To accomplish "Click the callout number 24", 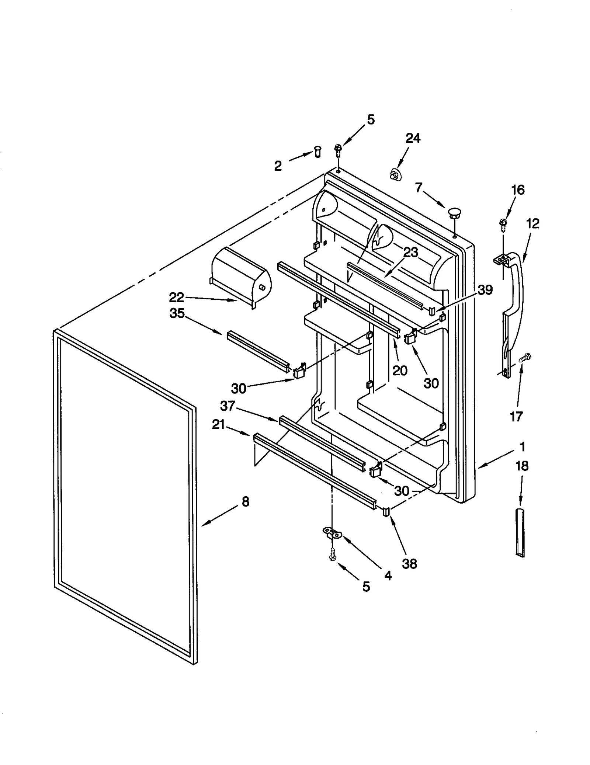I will click(413, 139).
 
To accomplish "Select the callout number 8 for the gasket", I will click(245, 501).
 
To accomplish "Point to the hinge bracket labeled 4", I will click(333, 532).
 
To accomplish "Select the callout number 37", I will click(228, 406).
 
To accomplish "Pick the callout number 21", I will click(218, 425).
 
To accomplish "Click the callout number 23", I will click(410, 253).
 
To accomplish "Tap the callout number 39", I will click(485, 290).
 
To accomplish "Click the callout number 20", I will click(400, 370).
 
